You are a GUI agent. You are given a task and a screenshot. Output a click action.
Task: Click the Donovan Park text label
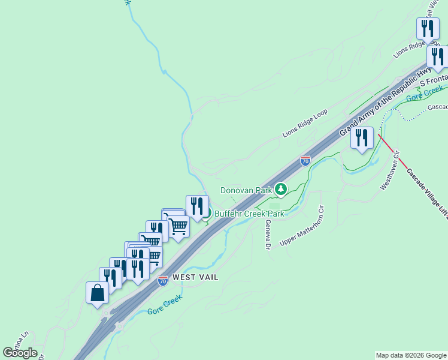246,191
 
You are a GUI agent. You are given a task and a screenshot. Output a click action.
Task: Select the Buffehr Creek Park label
249,214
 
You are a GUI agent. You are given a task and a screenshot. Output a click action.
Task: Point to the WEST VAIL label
195,278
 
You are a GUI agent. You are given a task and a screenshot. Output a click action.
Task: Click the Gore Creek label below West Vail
165,305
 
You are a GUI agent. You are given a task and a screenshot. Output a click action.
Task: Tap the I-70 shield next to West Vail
163,280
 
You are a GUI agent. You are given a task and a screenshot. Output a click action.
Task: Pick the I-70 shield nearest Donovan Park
305,161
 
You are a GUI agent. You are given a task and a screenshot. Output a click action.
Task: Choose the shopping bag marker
97,293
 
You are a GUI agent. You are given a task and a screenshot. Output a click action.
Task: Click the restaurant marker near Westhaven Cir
362,138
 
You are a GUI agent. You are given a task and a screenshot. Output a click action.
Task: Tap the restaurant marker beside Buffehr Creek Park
196,206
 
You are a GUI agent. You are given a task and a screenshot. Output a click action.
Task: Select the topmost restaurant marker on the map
428,29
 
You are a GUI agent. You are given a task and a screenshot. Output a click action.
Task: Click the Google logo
20,353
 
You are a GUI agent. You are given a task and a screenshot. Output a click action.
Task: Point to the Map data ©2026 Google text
411,355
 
